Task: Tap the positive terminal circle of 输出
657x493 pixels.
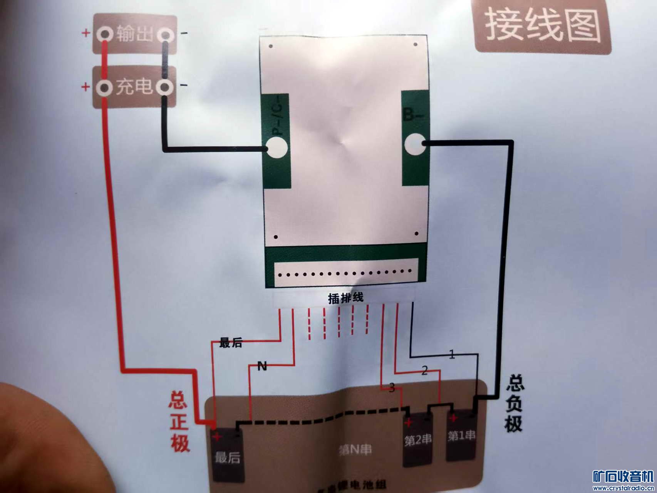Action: (104, 34)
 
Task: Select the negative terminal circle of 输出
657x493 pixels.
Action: (165, 35)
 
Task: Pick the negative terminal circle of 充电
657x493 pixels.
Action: (165, 87)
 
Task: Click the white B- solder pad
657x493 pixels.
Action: (414, 144)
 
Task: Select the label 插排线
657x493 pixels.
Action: (345, 298)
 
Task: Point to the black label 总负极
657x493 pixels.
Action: (514, 403)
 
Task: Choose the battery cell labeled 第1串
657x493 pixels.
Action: (461, 436)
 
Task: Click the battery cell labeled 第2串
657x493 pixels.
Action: (418, 440)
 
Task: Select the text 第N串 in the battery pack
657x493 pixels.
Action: (355, 449)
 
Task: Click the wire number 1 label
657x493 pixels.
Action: (452, 354)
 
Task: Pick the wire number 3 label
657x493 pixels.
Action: (392, 387)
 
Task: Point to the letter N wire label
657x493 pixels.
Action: (262, 366)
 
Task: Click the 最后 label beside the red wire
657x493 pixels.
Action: (231, 342)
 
